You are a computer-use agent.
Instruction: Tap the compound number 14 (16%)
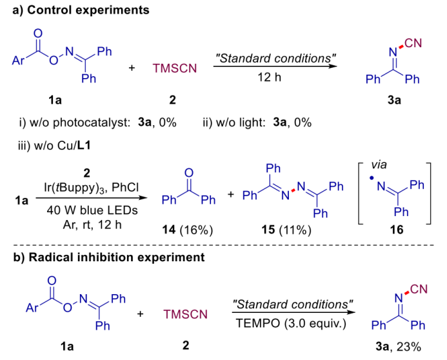pos(186,230)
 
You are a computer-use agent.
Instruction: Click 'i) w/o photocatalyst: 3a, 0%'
pos(99,122)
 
